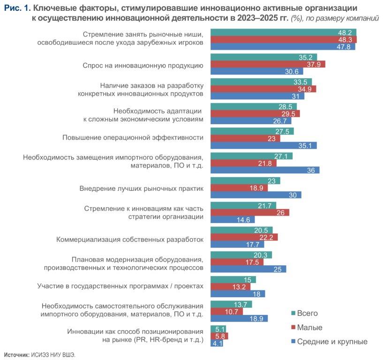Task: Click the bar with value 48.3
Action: pyautogui.click(x=284, y=39)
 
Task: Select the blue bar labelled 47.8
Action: pyautogui.click(x=283, y=46)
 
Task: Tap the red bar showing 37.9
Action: pyautogui.click(x=268, y=64)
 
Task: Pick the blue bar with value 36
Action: pyautogui.click(x=265, y=170)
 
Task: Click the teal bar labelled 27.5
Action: pyautogui.click(x=252, y=131)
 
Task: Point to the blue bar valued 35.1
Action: pyautogui.click(x=264, y=145)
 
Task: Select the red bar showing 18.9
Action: pyautogui.click(x=239, y=187)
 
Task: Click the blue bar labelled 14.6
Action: pyautogui.click(x=233, y=219)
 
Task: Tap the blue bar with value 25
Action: pyautogui.click(x=248, y=269)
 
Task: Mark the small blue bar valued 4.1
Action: pyautogui.click(x=217, y=343)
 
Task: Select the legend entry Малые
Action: pyautogui.click(x=309, y=327)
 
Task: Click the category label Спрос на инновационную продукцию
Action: pyautogui.click(x=143, y=65)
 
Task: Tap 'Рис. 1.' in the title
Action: pyautogui.click(x=17, y=8)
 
